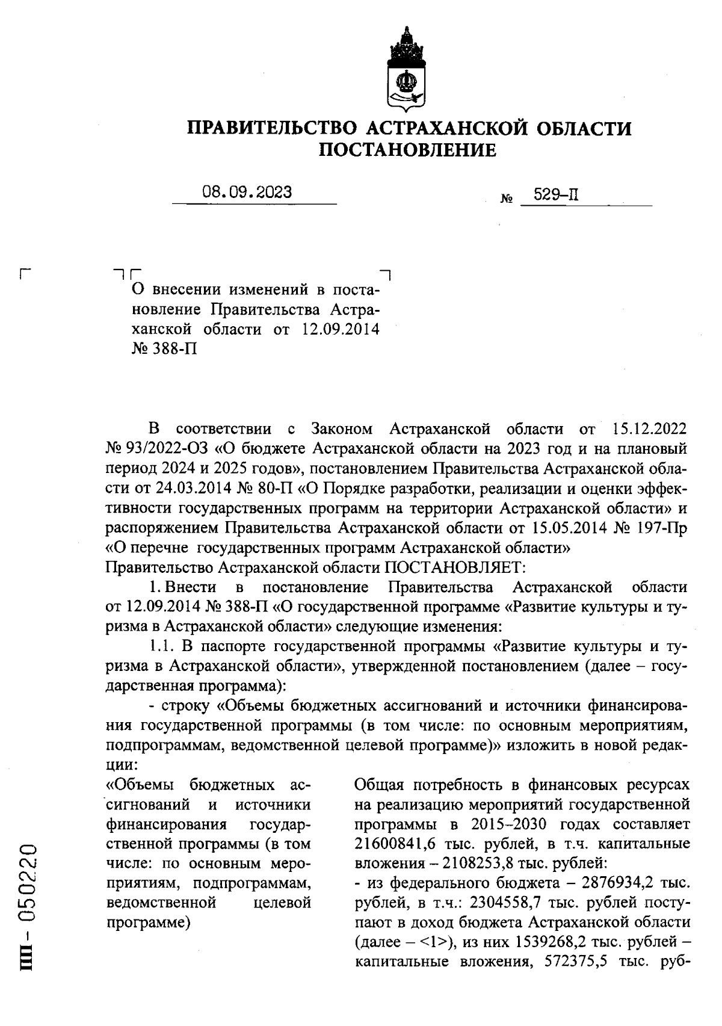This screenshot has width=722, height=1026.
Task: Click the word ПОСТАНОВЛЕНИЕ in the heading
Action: (x=407, y=150)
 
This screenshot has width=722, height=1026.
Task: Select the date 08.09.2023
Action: (x=247, y=193)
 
